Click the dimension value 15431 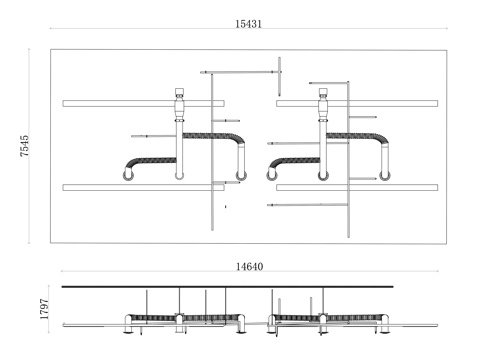click(249, 24)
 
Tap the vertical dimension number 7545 click(24, 146)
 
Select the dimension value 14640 click(250, 267)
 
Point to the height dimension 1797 click(44, 309)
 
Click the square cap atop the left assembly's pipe click(180, 92)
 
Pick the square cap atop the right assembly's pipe click(323, 92)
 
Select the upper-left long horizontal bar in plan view click(143, 103)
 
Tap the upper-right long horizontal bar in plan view click(357, 103)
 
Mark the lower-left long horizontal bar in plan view click(143, 187)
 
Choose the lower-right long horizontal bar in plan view click(357, 187)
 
